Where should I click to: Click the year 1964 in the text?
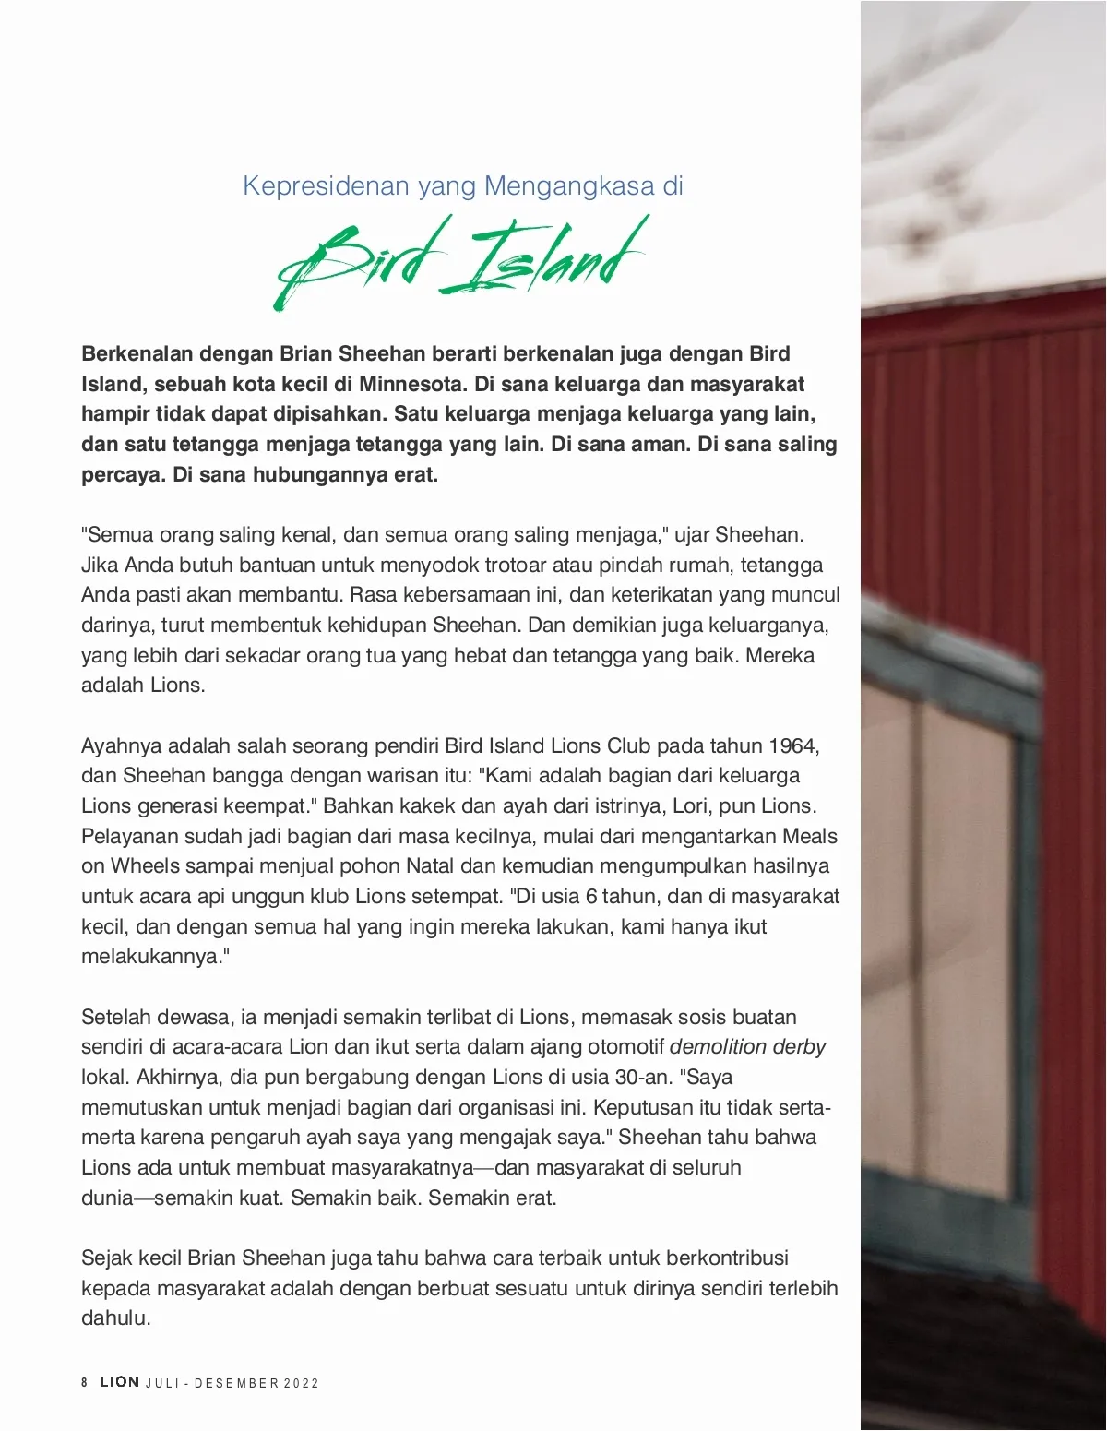[794, 745]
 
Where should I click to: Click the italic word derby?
[799, 1046]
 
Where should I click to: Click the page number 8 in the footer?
[85, 1382]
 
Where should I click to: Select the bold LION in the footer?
[120, 1382]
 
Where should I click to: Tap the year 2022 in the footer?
[302, 1383]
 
